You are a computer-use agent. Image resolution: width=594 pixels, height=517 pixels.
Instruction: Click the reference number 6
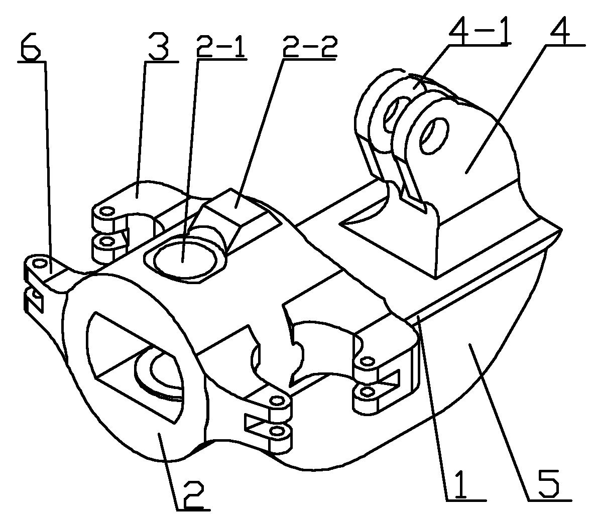pos(30,46)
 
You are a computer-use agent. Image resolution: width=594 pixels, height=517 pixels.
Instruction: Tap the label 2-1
pos(221,46)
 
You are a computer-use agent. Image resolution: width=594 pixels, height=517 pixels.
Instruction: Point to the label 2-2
pos(309,46)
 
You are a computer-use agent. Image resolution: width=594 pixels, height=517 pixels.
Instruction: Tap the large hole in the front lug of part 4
pos(434,136)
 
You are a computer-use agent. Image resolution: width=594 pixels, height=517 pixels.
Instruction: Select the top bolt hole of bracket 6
pos(38,263)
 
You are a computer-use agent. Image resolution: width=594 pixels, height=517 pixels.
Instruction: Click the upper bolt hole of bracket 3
pos(107,211)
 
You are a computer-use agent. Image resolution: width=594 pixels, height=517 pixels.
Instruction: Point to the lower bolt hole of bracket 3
pos(107,241)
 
